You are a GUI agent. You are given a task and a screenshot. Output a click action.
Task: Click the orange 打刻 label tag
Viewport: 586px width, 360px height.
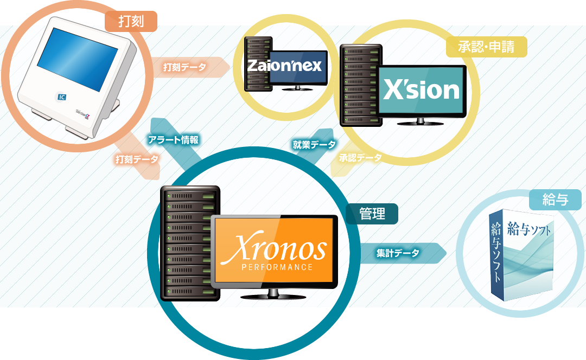click(130, 22)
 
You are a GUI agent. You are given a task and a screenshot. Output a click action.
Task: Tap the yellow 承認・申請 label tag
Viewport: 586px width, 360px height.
click(486, 47)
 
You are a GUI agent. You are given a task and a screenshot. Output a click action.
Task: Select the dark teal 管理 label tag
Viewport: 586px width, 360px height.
click(372, 214)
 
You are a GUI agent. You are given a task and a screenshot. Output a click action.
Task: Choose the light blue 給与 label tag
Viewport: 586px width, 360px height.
click(555, 199)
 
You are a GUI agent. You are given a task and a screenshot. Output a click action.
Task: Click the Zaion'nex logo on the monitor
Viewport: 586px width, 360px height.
click(285, 66)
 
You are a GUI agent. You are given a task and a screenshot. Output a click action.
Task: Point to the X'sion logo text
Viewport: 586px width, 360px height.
click(421, 89)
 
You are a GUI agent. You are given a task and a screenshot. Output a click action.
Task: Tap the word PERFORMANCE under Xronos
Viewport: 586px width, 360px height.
click(277, 267)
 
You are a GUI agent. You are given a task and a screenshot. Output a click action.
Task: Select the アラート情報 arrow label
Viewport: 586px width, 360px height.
click(173, 140)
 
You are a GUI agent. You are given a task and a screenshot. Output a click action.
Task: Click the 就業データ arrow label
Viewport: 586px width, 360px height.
click(314, 144)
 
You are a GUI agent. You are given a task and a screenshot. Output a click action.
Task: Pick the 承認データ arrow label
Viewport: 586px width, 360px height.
click(360, 158)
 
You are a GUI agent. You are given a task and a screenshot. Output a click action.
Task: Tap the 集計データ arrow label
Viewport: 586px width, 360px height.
click(398, 253)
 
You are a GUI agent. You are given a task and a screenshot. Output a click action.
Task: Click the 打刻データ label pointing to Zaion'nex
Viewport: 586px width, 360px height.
click(184, 67)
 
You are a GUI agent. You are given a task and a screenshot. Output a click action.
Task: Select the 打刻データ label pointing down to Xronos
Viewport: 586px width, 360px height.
click(137, 159)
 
